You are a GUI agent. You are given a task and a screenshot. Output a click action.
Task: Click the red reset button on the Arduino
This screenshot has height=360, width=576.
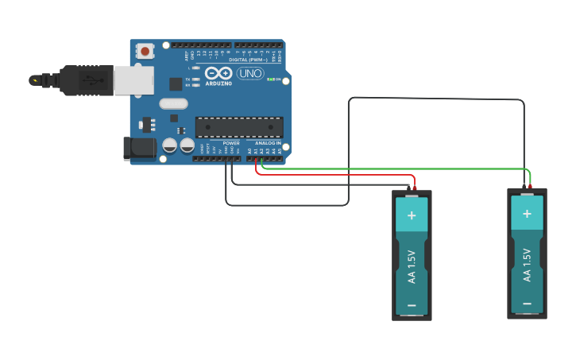point(145,51)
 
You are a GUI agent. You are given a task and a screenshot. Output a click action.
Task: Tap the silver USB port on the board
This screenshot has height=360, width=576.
point(133,80)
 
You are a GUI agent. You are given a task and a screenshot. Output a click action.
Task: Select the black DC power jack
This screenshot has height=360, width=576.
point(140,148)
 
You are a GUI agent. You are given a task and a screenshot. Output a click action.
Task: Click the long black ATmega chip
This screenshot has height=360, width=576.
point(239,127)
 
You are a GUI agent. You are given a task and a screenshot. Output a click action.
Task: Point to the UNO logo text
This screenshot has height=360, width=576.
point(249,74)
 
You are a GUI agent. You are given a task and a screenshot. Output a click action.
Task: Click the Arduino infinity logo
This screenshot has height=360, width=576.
point(218,73)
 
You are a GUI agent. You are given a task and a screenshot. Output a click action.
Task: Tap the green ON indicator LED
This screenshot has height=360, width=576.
point(271,79)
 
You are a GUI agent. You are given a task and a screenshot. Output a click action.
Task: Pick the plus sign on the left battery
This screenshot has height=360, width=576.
point(412,215)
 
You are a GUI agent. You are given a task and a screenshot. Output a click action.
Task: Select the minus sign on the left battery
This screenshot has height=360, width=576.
point(412,305)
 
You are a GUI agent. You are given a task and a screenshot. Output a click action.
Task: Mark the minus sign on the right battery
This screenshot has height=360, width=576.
point(527,304)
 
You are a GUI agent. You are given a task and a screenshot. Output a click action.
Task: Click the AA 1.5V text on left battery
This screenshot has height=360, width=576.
point(412,267)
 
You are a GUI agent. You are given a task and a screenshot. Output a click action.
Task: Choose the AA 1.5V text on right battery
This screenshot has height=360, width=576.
point(527,265)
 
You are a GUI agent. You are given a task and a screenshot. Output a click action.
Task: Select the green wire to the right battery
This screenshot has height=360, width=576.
point(397,168)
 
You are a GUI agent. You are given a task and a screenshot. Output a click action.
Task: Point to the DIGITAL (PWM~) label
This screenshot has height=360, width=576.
point(249,59)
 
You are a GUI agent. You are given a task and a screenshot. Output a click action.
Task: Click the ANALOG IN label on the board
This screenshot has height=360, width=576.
point(268,143)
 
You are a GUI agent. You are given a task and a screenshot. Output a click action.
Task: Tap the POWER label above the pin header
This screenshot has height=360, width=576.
point(231,143)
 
